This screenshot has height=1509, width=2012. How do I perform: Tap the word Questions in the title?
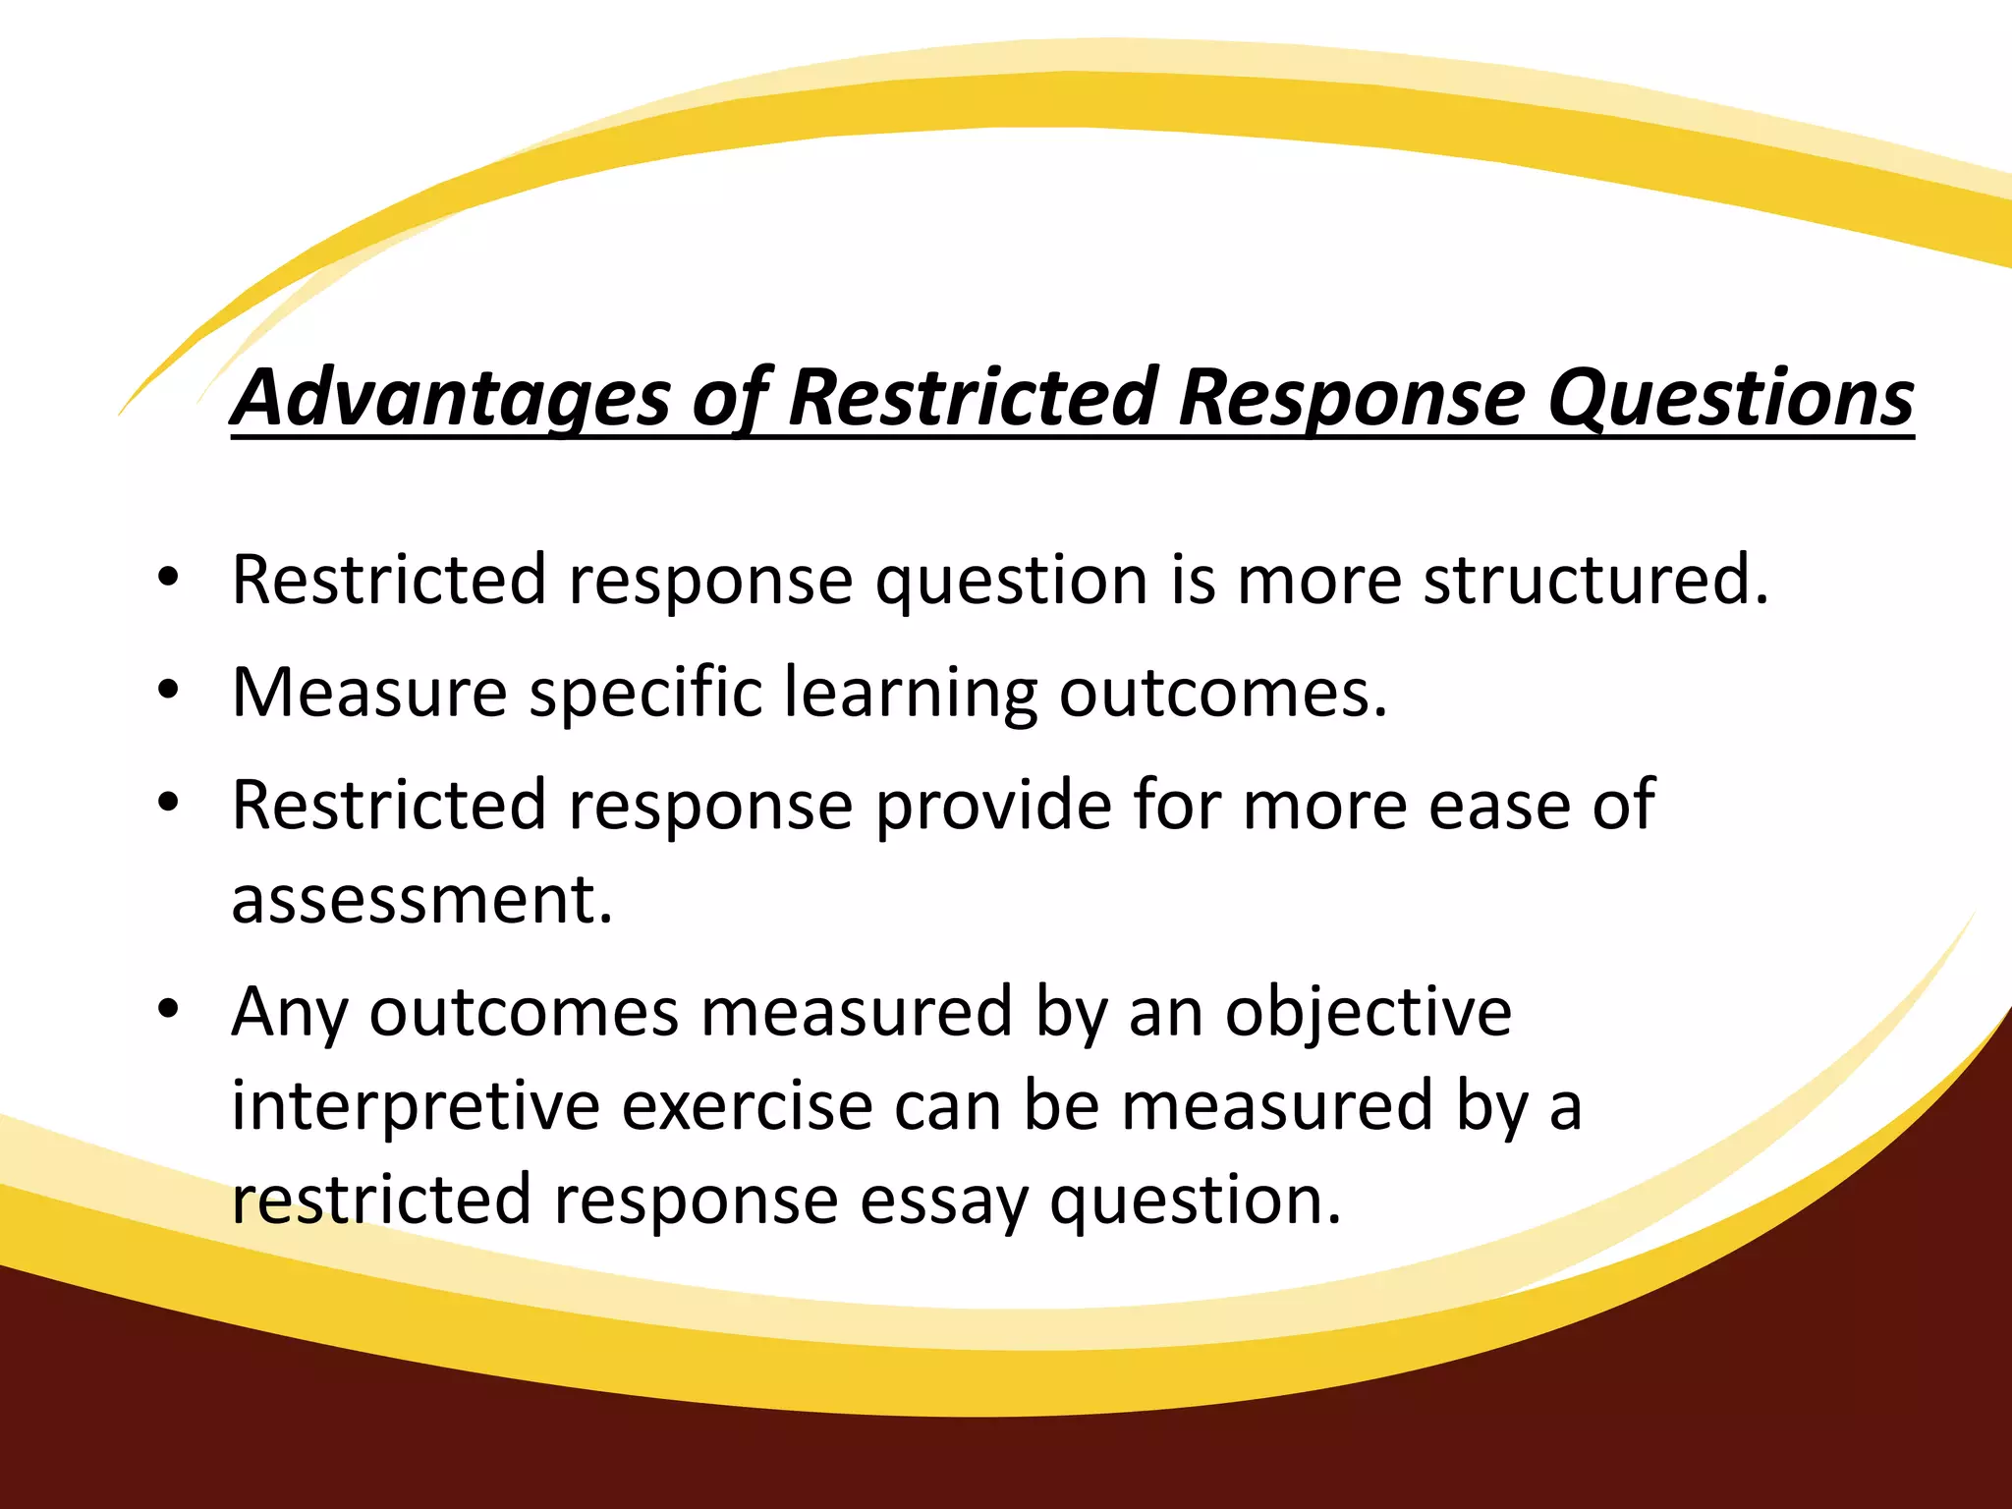tap(1730, 397)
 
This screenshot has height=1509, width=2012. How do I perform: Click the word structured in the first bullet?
tap(1595, 580)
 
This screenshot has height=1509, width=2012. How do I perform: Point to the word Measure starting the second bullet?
tap(369, 693)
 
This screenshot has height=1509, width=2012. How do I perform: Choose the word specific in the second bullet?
tap(645, 693)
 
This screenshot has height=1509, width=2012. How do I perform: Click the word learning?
tap(911, 693)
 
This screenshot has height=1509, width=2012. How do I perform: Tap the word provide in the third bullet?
tap(993, 805)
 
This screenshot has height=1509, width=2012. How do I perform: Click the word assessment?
tap(421, 899)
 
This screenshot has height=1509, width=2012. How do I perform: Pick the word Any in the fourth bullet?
tap(290, 1012)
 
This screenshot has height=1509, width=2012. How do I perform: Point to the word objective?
tap(1368, 1012)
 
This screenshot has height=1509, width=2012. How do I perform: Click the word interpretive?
tap(416, 1105)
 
